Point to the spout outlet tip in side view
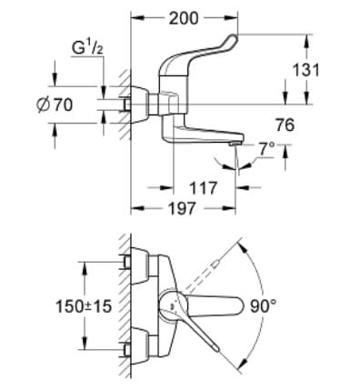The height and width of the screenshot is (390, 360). [235, 144]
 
